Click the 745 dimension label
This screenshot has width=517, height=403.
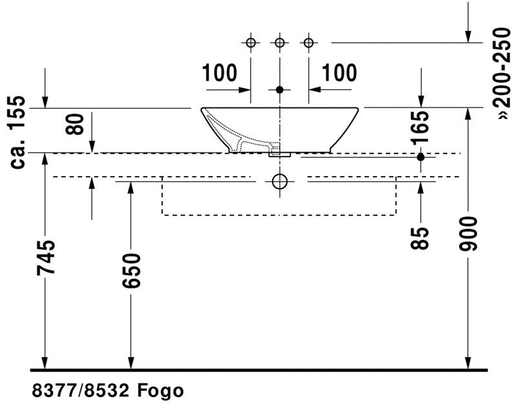(45, 257)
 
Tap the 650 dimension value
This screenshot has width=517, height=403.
(131, 270)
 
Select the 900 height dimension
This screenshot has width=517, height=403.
(468, 234)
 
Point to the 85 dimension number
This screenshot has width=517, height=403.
(421, 237)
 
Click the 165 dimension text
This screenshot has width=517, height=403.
(421, 127)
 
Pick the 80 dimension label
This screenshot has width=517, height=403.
(74, 124)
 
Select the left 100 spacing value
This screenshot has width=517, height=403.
(219, 72)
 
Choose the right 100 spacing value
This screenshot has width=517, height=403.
(339, 72)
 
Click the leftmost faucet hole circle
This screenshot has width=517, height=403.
(251, 43)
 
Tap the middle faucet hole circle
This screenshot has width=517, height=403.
(280, 43)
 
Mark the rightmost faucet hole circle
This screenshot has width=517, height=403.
(309, 43)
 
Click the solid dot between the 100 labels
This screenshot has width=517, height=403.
(280, 89)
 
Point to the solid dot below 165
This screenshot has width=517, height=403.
(421, 157)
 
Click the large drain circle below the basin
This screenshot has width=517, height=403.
(280, 181)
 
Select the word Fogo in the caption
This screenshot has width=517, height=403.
(160, 391)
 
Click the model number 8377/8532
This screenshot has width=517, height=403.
(80, 391)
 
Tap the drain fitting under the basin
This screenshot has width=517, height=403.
(280, 154)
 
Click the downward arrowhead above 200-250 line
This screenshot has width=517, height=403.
(468, 37)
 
